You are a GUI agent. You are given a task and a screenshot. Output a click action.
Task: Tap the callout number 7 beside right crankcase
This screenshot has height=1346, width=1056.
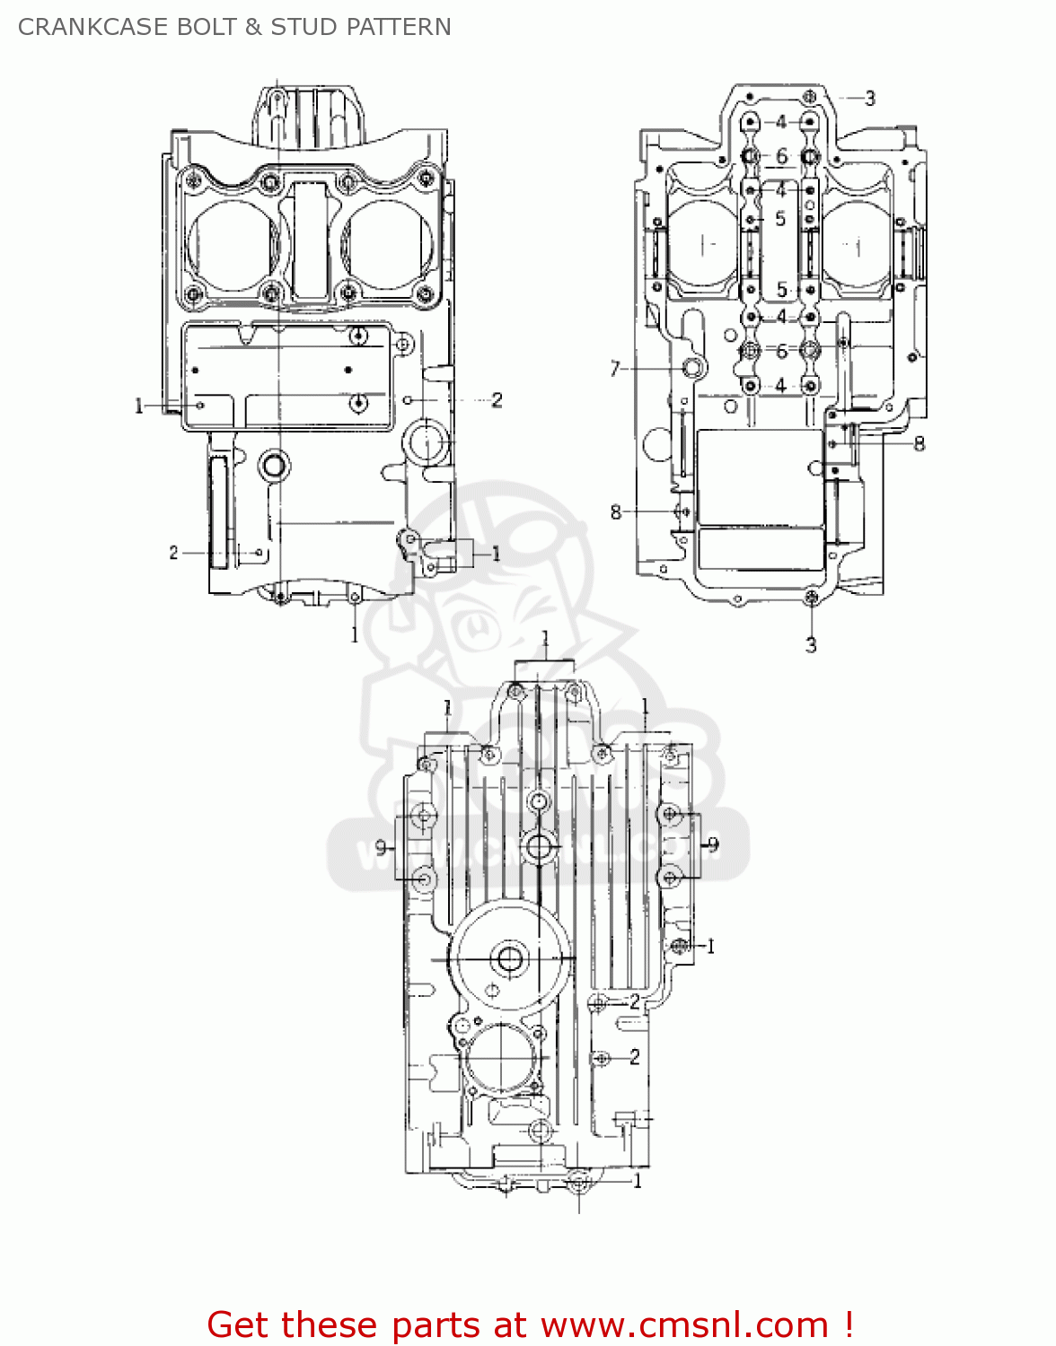(615, 369)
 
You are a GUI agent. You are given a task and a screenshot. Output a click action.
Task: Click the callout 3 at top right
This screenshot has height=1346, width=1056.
(869, 99)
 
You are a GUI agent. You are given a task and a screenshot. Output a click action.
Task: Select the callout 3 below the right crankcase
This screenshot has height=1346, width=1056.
(811, 644)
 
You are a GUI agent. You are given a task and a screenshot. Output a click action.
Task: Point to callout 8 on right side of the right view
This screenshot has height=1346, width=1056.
(919, 443)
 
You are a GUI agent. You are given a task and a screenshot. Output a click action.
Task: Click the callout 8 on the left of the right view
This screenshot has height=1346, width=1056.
(615, 512)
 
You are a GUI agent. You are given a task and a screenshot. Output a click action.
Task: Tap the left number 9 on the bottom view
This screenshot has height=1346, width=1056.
(381, 847)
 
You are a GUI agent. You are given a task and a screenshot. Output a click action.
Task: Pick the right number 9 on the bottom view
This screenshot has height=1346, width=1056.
(713, 844)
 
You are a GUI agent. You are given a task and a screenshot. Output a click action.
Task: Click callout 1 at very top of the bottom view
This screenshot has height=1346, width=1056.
(545, 639)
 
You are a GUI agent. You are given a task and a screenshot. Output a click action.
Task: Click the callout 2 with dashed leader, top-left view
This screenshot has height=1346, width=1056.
(497, 400)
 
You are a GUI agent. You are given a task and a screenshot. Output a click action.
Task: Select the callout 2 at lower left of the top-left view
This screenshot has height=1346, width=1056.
(173, 553)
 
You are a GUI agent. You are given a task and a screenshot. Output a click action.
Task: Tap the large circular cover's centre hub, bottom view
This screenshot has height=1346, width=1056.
(510, 959)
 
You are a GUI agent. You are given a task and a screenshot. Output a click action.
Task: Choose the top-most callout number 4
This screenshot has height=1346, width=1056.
(781, 122)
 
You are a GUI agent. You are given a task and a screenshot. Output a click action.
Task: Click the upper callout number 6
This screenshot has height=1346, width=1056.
(781, 157)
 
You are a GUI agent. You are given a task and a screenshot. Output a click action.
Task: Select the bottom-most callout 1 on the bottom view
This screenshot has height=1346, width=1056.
(638, 1181)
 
